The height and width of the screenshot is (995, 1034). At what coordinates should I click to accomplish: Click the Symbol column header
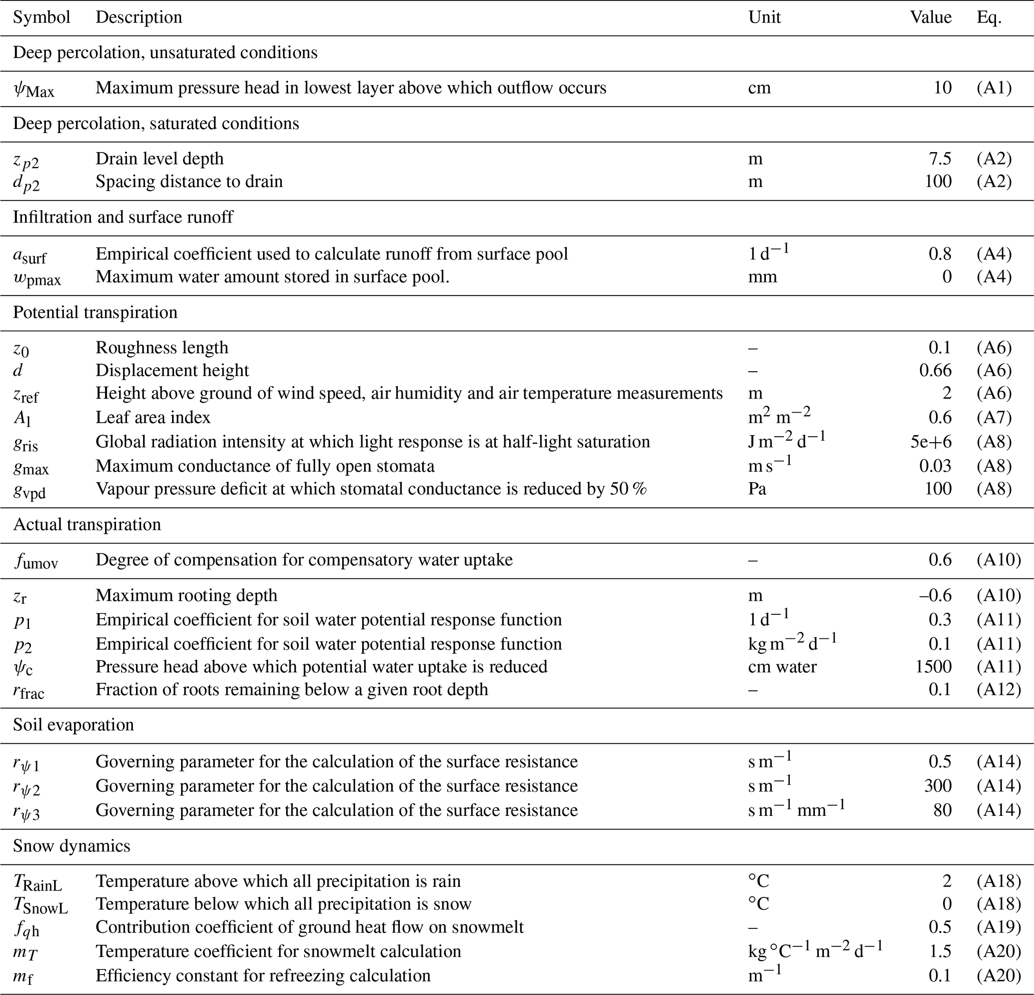click(x=42, y=18)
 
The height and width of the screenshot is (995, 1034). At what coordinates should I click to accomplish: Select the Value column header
click(x=930, y=18)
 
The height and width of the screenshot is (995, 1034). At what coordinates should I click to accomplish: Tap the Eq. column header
click(x=988, y=18)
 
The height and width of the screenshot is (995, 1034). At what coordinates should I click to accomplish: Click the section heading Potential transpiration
click(x=95, y=312)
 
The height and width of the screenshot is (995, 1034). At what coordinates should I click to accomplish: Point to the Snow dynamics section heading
click(x=71, y=846)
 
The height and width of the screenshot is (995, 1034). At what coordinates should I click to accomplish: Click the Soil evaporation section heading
click(x=74, y=724)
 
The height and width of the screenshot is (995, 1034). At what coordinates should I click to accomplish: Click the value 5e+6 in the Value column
click(x=930, y=442)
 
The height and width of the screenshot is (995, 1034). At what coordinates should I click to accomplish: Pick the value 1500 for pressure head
click(x=933, y=666)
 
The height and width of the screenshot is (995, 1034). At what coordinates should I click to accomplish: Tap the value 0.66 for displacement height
click(x=935, y=370)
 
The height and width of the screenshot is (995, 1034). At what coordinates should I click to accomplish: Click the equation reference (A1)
click(x=994, y=88)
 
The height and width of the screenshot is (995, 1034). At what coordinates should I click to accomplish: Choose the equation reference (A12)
click(x=998, y=689)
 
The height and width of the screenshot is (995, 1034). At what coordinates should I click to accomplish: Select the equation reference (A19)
click(x=998, y=927)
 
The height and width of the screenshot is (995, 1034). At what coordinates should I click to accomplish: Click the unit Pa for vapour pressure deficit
click(x=757, y=489)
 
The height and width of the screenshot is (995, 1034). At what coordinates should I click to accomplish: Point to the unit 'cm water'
click(x=782, y=666)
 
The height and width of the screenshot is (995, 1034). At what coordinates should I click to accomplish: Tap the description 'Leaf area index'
click(x=153, y=417)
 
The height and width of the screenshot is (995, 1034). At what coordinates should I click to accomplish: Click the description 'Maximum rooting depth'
click(x=186, y=595)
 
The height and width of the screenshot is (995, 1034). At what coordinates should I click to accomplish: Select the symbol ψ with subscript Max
click(x=34, y=89)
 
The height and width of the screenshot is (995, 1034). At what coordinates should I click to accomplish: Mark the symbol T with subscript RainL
click(x=38, y=882)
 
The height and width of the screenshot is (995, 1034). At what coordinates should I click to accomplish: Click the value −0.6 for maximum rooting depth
click(x=935, y=595)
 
